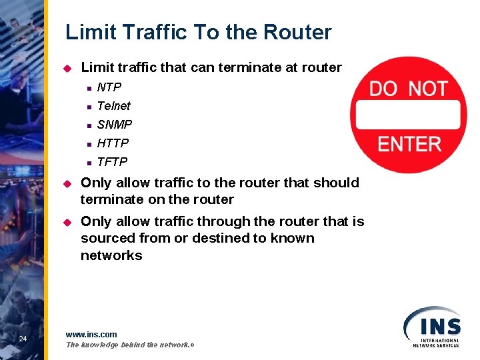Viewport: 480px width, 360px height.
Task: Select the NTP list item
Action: pos(109,87)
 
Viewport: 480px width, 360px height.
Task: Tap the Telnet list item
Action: pos(113,105)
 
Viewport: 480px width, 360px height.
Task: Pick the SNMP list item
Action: pos(115,124)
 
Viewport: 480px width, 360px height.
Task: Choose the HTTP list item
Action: pos(113,143)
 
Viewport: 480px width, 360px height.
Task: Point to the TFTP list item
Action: pos(112,161)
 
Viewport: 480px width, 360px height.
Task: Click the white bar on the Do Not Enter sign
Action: pos(408,115)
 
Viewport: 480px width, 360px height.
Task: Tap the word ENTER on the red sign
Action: pos(409,143)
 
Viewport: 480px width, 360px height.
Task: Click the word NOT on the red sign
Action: pos(427,89)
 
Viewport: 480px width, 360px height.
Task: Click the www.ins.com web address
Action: pos(91,334)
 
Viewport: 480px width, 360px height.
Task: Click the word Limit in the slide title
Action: pos(89,32)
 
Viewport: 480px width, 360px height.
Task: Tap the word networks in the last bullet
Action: pos(111,255)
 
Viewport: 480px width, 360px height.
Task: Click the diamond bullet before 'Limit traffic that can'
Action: pos(67,68)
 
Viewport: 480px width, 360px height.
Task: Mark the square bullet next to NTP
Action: pos(87,87)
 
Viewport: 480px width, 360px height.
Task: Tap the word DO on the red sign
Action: pos(383,89)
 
